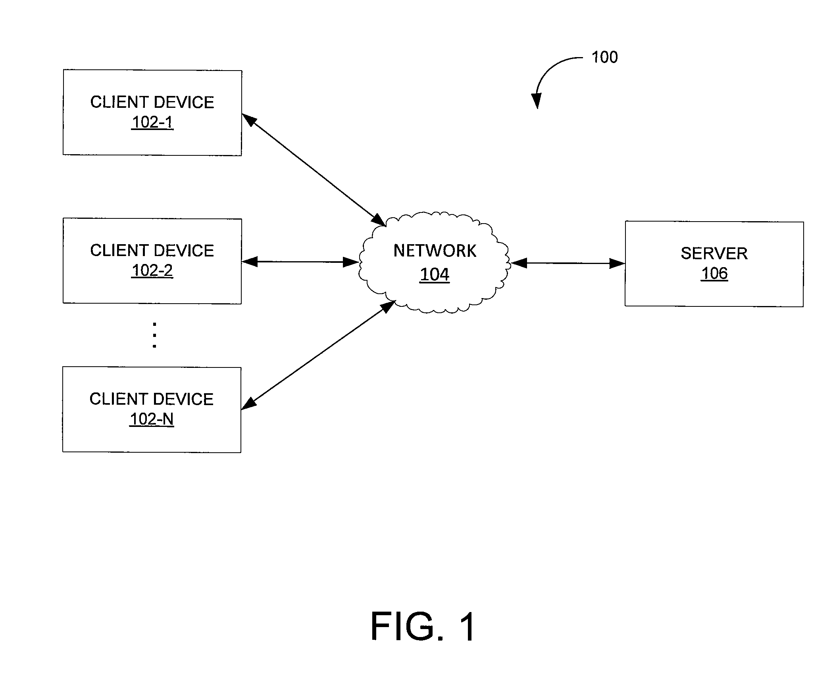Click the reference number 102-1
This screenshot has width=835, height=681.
click(x=152, y=122)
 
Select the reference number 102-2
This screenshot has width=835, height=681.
click(x=152, y=270)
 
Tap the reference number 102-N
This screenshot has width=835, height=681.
click(x=152, y=419)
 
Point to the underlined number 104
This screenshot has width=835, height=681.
click(x=435, y=274)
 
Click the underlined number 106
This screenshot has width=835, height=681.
click(x=714, y=274)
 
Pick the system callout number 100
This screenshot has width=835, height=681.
click(x=604, y=57)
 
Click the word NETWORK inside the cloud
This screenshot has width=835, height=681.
click(x=435, y=251)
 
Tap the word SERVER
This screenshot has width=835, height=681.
click(x=714, y=253)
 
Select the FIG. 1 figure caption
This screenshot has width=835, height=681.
click(x=423, y=626)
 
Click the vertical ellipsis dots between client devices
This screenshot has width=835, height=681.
click(x=154, y=335)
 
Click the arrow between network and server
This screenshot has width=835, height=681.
click(x=568, y=263)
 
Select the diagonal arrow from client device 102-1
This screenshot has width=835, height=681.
click(x=314, y=170)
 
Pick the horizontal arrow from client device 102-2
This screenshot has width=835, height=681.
click(x=300, y=262)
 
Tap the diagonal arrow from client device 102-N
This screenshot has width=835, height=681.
click(x=318, y=355)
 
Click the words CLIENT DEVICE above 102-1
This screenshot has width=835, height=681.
click(x=152, y=102)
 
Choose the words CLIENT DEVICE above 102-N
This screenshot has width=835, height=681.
click(x=152, y=399)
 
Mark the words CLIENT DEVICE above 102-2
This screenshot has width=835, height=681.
click(x=152, y=251)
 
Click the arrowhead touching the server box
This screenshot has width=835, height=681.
click(x=617, y=263)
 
